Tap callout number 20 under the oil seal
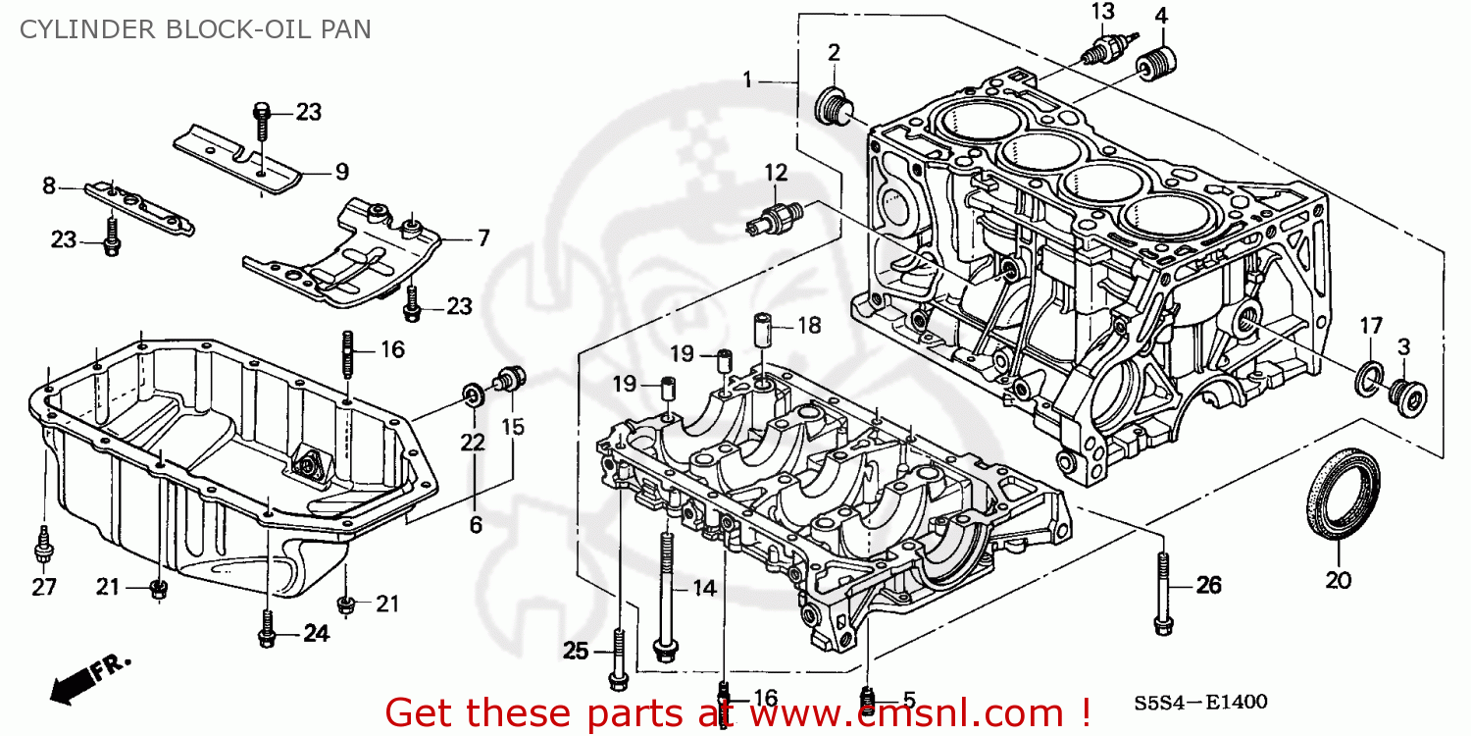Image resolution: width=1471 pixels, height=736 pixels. pyautogui.click(x=1338, y=580)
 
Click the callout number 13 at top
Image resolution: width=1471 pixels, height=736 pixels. pyautogui.click(x=1103, y=12)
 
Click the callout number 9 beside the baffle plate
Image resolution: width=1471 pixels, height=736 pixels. pyautogui.click(x=341, y=173)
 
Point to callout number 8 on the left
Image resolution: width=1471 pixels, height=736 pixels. pyautogui.click(x=48, y=184)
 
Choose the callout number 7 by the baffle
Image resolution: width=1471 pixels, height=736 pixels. pyautogui.click(x=482, y=237)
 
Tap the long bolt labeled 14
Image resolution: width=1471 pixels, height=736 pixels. pyautogui.click(x=666, y=589)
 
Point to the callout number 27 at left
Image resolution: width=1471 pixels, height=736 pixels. pyautogui.click(x=43, y=588)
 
